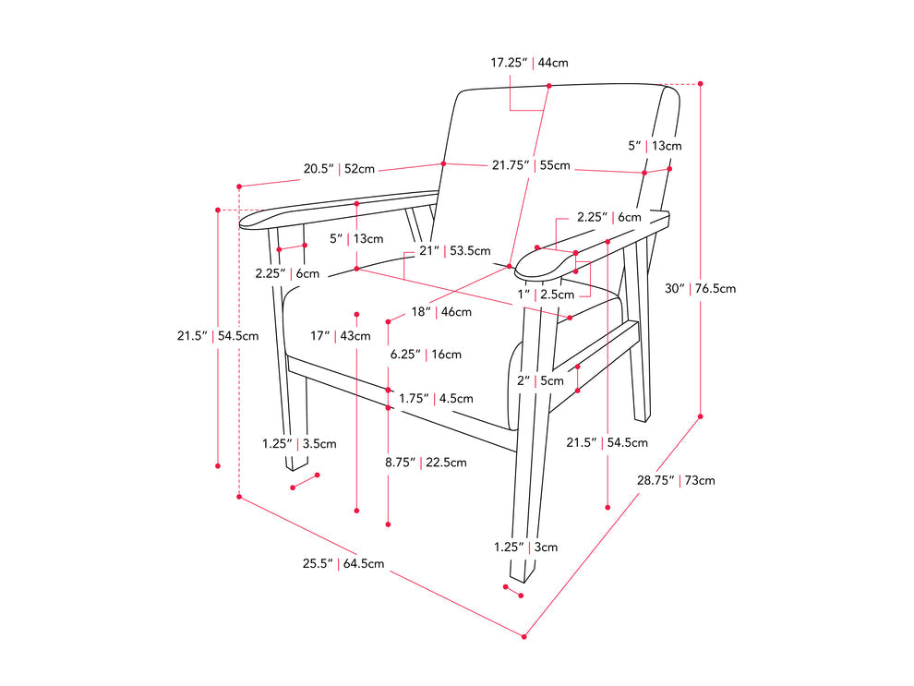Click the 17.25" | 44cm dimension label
[x=529, y=63]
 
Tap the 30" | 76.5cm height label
[x=702, y=288]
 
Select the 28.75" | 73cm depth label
[x=676, y=480]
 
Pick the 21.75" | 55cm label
[x=530, y=165]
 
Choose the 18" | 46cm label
[x=442, y=313]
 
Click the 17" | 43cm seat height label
[x=341, y=336]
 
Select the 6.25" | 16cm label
[x=426, y=355]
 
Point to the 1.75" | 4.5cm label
[x=436, y=399]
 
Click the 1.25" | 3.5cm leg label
[x=299, y=443]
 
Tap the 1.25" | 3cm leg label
[x=525, y=547]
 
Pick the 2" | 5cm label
[x=539, y=380]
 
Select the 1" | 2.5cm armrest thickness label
[x=546, y=295]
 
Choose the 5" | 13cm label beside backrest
[x=655, y=146]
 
